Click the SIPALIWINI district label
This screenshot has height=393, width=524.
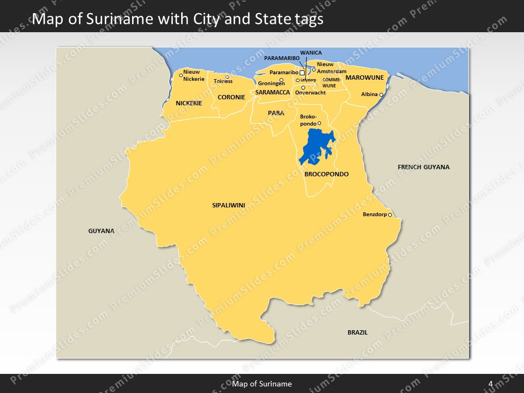pyautogui.click(x=228, y=206)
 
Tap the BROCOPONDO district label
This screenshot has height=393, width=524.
pyautogui.click(x=326, y=174)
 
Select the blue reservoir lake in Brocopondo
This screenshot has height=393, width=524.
pyautogui.click(x=315, y=147)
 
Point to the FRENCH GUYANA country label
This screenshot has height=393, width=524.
pyautogui.click(x=424, y=167)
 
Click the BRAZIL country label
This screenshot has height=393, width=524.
pyautogui.click(x=358, y=332)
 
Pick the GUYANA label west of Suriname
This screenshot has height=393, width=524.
pyautogui.click(x=102, y=231)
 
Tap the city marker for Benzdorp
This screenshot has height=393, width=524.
pyautogui.click(x=390, y=215)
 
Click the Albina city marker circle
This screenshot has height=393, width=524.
pyautogui.click(x=382, y=96)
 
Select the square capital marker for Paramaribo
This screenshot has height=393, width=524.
pyautogui.click(x=302, y=73)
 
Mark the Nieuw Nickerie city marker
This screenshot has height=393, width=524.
pyautogui.click(x=181, y=75)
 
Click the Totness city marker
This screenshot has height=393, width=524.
pyautogui.click(x=227, y=77)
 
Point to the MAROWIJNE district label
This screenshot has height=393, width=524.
pyautogui.click(x=365, y=78)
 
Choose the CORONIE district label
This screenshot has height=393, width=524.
pyautogui.click(x=231, y=97)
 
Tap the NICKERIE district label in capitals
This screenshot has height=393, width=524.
pyautogui.click(x=189, y=103)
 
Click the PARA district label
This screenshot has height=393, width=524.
pyautogui.click(x=276, y=113)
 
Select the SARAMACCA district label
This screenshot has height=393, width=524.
pyautogui.click(x=272, y=93)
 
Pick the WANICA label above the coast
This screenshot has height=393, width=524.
pyautogui.click(x=311, y=53)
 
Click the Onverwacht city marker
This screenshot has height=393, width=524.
pyautogui.click(x=303, y=87)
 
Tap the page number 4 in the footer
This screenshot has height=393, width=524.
pyautogui.click(x=491, y=384)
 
